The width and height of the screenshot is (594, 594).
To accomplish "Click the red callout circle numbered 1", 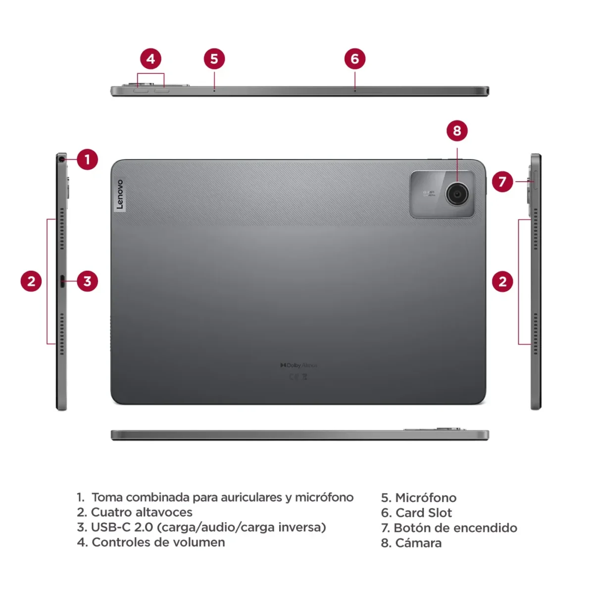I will (x=88, y=159).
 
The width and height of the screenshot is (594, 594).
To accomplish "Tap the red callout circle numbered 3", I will (x=88, y=281).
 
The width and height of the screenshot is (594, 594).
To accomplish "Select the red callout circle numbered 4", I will (x=150, y=59).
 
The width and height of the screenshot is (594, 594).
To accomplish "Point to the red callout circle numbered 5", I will (x=214, y=59).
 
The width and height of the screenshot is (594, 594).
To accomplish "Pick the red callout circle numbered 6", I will (x=354, y=59).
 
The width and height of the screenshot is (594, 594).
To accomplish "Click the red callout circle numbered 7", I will (x=502, y=182).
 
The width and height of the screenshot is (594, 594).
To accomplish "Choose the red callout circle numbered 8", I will (x=457, y=131).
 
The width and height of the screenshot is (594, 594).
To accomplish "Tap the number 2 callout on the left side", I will (x=31, y=281).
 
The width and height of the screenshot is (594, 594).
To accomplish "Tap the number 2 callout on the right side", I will (x=502, y=282).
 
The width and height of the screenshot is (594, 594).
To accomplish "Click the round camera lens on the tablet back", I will (x=456, y=194).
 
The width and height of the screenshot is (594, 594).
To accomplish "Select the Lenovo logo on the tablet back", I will (x=119, y=195).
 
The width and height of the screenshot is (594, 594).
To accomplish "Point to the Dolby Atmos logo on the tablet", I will (x=298, y=365).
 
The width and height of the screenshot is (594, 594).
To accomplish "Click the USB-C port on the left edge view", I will (x=62, y=281).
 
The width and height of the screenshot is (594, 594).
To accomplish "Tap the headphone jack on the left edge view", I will (x=61, y=159).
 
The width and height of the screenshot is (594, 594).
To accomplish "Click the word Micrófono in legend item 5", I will (x=426, y=497).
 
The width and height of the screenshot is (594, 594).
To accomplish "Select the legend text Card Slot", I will (x=424, y=513).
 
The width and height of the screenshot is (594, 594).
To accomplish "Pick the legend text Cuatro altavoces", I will (x=142, y=512).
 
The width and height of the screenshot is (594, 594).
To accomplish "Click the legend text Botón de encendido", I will (x=455, y=528).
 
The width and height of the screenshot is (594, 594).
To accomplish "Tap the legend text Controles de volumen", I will (x=158, y=543).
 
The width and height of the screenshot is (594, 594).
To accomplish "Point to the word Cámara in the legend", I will (x=418, y=543).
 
